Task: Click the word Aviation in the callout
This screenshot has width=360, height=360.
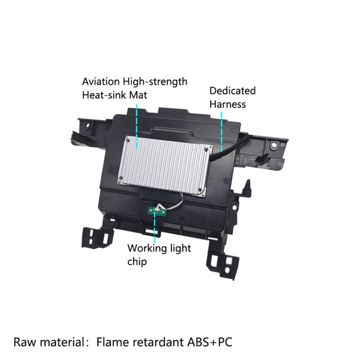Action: (x=101, y=81)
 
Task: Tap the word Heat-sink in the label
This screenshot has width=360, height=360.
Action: (x=104, y=95)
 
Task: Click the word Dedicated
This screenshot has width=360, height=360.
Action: (x=232, y=91)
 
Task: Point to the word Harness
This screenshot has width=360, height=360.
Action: (x=228, y=104)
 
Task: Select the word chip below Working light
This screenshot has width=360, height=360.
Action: (x=137, y=262)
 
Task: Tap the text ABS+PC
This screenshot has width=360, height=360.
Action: (x=210, y=342)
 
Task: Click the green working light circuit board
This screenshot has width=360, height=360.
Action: (x=157, y=211)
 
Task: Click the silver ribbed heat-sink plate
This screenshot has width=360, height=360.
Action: (x=165, y=166)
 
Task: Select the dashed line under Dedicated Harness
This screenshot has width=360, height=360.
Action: (x=221, y=131)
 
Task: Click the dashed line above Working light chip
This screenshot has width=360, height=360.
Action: (x=154, y=227)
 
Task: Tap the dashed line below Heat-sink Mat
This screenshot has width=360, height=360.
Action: (x=137, y=126)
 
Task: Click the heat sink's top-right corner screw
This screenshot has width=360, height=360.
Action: (x=206, y=150)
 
